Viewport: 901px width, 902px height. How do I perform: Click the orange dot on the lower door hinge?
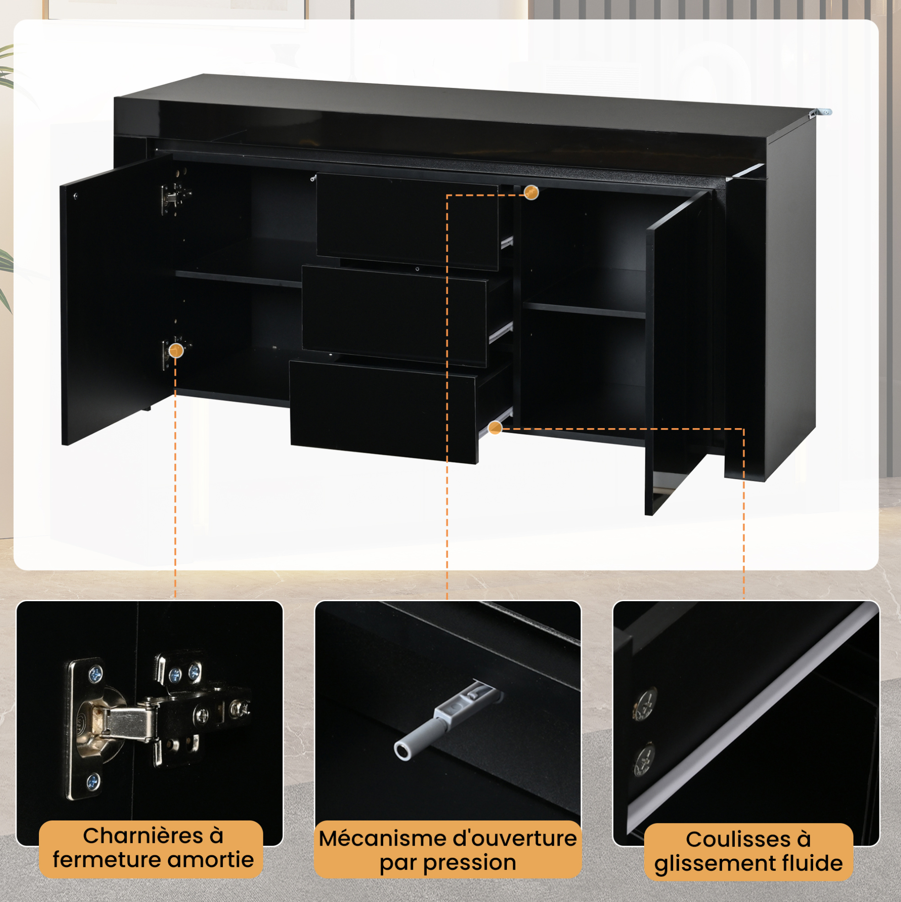tap(175, 350)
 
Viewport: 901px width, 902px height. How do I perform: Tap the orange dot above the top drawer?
tap(531, 192)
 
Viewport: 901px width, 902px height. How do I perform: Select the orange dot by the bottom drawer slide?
tap(495, 428)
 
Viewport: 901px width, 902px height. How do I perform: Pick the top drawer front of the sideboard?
tap(407, 222)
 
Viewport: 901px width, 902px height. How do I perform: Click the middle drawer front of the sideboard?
tap(395, 316)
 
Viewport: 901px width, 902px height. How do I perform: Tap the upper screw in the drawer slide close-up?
tap(645, 704)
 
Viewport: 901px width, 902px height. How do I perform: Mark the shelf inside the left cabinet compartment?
tap(239, 279)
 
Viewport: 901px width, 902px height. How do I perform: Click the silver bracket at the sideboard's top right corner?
tap(820, 112)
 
